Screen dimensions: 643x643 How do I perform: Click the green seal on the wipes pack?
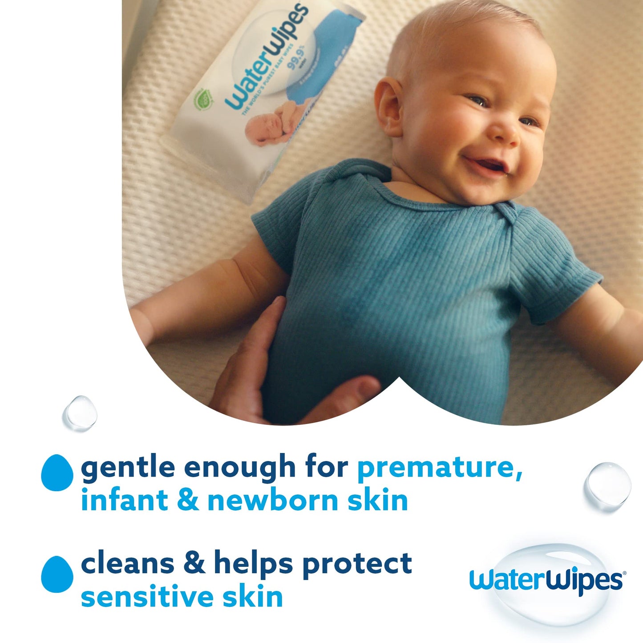click(202, 100)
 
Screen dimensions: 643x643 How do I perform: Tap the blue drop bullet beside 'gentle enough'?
click(57, 473)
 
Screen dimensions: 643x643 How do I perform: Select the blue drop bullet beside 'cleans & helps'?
click(57, 574)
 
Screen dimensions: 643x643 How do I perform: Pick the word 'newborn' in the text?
click(272, 500)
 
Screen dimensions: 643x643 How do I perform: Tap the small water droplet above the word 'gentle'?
click(80, 413)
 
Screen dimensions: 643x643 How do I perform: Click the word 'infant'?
click(124, 500)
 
